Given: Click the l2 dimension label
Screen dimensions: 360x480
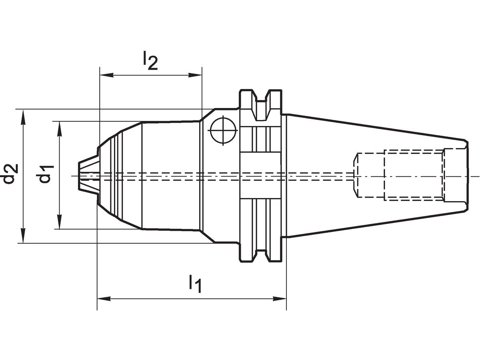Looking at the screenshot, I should pyautogui.click(x=150, y=61).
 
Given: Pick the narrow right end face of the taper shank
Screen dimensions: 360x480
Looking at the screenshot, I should pyautogui.click(x=466, y=176).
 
